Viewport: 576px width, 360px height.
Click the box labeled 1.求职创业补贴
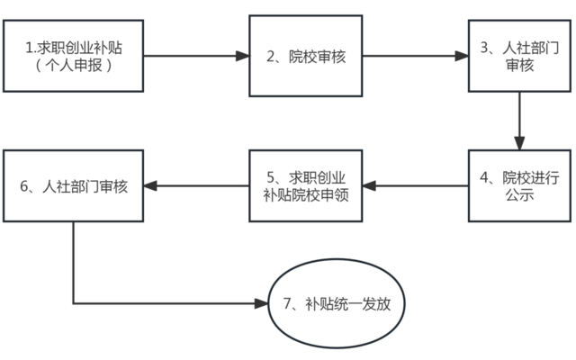pyautogui.click(x=73, y=56)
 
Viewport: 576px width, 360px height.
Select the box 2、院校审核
pyautogui.click(x=305, y=56)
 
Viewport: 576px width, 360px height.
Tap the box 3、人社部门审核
pyautogui.click(x=520, y=56)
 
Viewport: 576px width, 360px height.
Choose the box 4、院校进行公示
pyautogui.click(x=520, y=186)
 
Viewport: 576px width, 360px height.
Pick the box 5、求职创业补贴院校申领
pyautogui.click(x=305, y=186)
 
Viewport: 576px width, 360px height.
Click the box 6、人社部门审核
pyautogui.click(x=73, y=186)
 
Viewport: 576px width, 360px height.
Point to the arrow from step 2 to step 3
pyautogui.click(x=414, y=56)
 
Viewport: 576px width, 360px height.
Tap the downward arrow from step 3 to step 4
pyautogui.click(x=520, y=121)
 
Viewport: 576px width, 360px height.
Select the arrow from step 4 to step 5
pyautogui.click(x=414, y=186)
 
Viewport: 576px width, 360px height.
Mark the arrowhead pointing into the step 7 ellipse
pyautogui.click(x=263, y=303)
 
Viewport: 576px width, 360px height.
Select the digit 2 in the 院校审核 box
pyautogui.click(x=272, y=57)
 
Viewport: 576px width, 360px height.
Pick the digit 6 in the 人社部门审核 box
pyautogui.click(x=24, y=187)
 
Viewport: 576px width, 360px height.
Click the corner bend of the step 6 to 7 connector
pyautogui.click(x=73, y=303)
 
